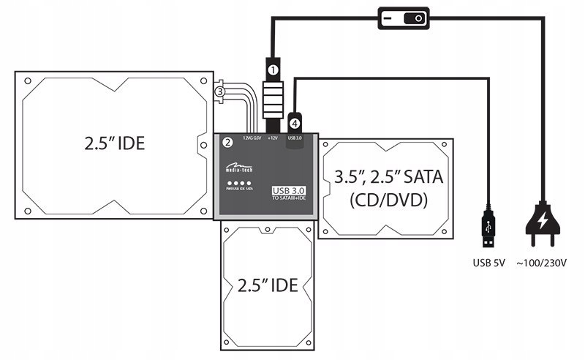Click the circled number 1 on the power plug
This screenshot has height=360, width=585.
pyautogui.click(x=272, y=70)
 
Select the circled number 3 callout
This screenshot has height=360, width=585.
pyautogui.click(x=219, y=91)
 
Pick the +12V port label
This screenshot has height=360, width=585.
pyautogui.click(x=272, y=137)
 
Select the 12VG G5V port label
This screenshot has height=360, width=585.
pyautogui.click(x=248, y=137)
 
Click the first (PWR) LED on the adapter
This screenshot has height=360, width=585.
pyautogui.click(x=229, y=184)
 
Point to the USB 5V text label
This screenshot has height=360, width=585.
pyautogui.click(x=488, y=261)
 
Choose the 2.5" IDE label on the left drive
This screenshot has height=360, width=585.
pyautogui.click(x=114, y=143)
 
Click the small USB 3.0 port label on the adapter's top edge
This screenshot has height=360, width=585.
pyautogui.click(x=295, y=137)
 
